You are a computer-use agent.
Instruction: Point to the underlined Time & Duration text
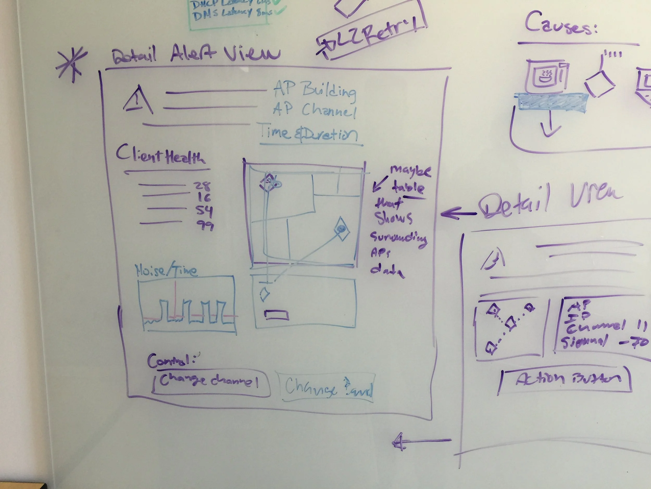(x=308, y=134)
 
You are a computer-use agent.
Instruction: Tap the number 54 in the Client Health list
(x=204, y=211)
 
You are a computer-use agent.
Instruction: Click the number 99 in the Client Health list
(x=205, y=226)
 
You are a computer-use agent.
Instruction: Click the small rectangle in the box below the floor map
(x=276, y=315)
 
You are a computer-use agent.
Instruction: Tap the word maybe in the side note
(x=411, y=171)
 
